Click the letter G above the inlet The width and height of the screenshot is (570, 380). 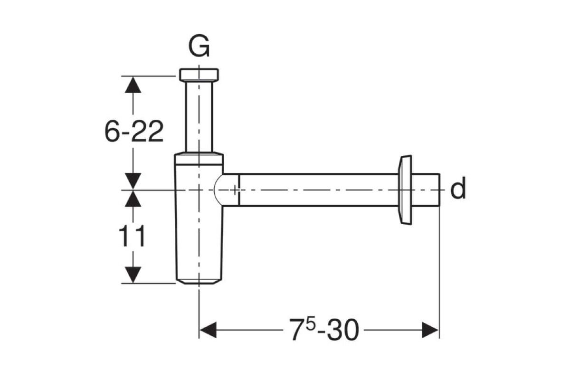(x=199, y=46)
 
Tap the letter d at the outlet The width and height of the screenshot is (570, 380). (x=458, y=188)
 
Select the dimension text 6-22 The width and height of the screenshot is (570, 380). (x=134, y=131)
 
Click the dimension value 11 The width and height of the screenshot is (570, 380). (x=132, y=236)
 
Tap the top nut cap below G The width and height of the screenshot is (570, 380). (x=199, y=75)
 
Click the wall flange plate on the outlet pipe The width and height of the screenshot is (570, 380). (x=405, y=190)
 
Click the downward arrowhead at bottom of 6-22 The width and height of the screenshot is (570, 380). (x=133, y=181)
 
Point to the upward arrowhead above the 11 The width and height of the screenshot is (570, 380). (x=133, y=199)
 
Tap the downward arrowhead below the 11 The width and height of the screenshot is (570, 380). (x=133, y=275)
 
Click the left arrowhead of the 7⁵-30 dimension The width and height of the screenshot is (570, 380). (x=208, y=330)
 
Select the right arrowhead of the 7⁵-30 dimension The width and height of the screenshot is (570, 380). (x=430, y=330)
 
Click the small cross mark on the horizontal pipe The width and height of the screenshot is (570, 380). (x=235, y=190)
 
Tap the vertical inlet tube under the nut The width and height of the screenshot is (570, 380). (x=199, y=116)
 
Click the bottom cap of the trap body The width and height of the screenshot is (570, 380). (x=199, y=282)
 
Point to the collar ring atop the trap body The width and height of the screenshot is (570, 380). (x=199, y=159)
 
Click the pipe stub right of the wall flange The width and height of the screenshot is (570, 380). (x=426, y=190)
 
